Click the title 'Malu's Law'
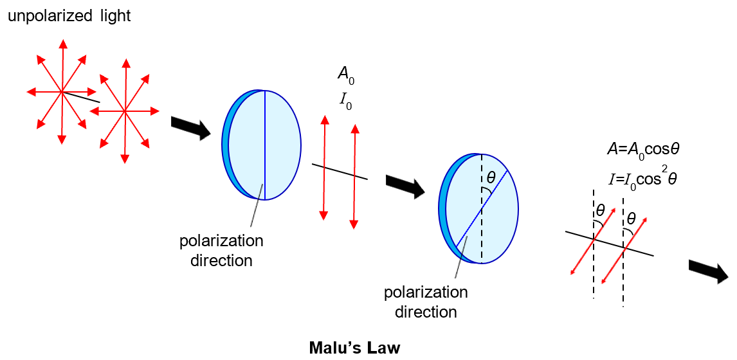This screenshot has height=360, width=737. [354, 348]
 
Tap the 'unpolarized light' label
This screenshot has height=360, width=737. [69, 16]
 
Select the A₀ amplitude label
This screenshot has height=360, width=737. [345, 75]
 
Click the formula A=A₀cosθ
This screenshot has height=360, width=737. [634, 148]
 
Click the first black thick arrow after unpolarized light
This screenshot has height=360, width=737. [190, 127]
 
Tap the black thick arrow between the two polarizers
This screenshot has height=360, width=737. [405, 186]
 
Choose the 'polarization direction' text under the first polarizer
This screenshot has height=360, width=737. [221, 251]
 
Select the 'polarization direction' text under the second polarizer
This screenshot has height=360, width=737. [426, 302]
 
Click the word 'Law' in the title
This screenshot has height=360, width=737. [384, 348]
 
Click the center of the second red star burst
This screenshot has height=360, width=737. [123, 111]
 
